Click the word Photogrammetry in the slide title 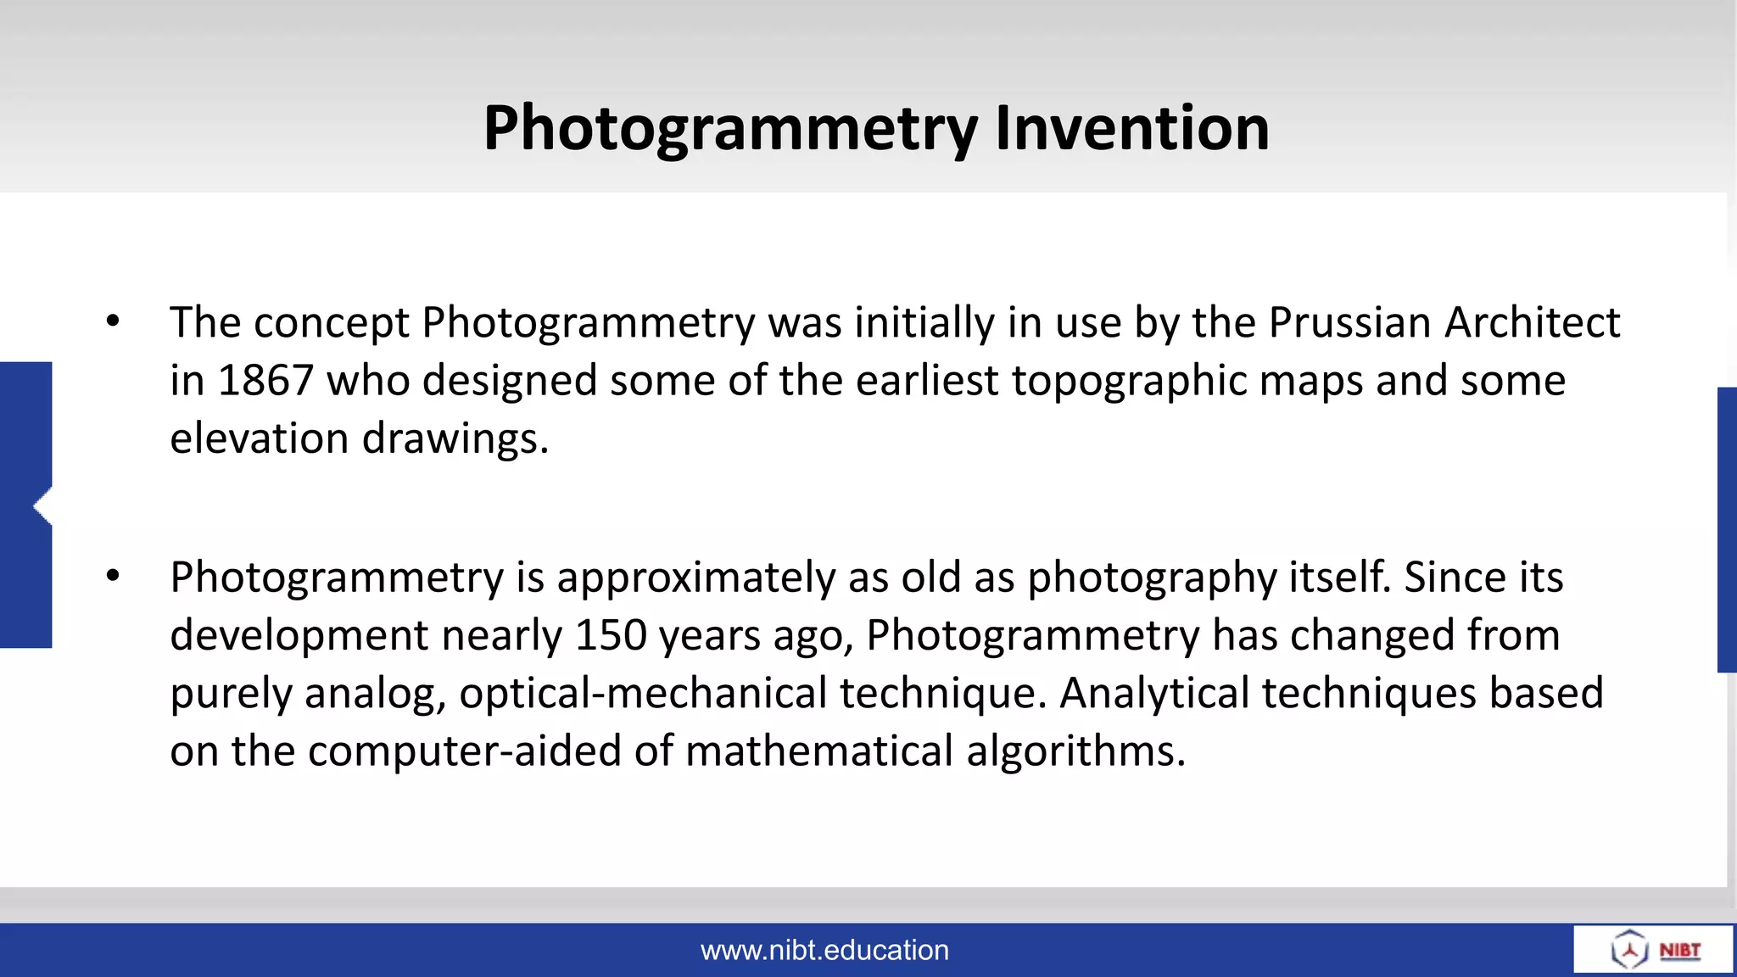[x=730, y=128]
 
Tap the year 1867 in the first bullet [x=266, y=381]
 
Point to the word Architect [x=1533, y=323]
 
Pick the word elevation [x=260, y=439]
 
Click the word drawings [x=455, y=439]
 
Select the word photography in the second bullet [x=1152, y=578]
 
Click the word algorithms [x=1075, y=751]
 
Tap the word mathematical [x=819, y=751]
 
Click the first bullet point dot [x=113, y=321]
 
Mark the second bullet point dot [x=113, y=577]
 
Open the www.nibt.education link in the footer [x=824, y=950]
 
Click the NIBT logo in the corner [x=1654, y=949]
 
